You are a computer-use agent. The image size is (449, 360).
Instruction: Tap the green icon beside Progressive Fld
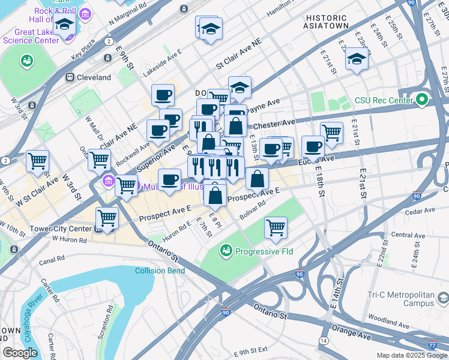(226, 249)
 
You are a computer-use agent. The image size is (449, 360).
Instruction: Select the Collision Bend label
(158, 271)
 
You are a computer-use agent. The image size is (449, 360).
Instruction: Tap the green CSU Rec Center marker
(422, 99)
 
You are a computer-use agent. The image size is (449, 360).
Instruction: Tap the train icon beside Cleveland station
(70, 77)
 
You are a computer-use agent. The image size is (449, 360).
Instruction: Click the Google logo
(20, 353)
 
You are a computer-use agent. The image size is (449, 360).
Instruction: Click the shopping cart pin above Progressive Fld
(276, 227)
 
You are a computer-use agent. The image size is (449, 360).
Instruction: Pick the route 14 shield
(324, 340)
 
